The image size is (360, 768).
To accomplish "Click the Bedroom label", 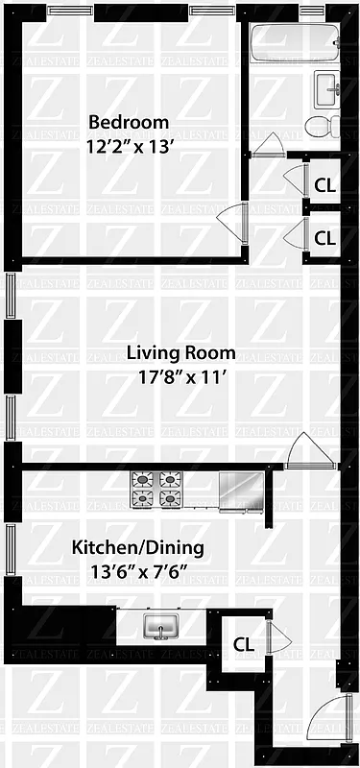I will [129, 122].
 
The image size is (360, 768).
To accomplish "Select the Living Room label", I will [180, 352].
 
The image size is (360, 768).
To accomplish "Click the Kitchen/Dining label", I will [137, 548].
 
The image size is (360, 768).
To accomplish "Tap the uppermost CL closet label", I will [324, 183].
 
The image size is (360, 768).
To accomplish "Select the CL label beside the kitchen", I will [244, 644].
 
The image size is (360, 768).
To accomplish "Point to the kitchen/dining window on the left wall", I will [11, 556].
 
